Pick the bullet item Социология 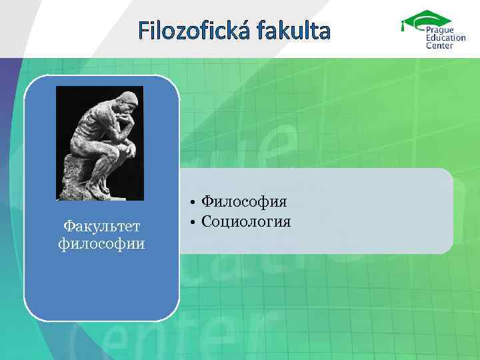[x=246, y=221]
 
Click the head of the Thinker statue [x=129, y=101]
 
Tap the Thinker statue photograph [x=100, y=143]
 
